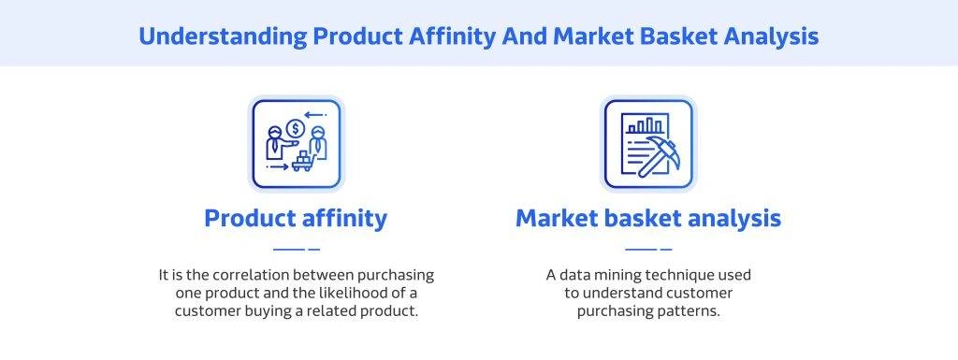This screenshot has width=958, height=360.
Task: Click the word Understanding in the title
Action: tap(223, 36)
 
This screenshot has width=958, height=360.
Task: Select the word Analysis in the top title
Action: tap(771, 36)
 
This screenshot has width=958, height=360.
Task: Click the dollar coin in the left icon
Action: tap(296, 128)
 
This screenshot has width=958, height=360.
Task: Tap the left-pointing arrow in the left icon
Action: tap(315, 115)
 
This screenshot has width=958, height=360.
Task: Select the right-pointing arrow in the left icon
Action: tap(277, 166)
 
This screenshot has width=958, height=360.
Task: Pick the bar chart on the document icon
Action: tap(645, 125)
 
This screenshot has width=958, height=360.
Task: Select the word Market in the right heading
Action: tap(555, 219)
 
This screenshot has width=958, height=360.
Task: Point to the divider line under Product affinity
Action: tap(297, 249)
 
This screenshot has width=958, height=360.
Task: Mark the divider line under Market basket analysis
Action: tap(649, 249)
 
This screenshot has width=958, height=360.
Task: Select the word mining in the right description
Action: tap(617, 275)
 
